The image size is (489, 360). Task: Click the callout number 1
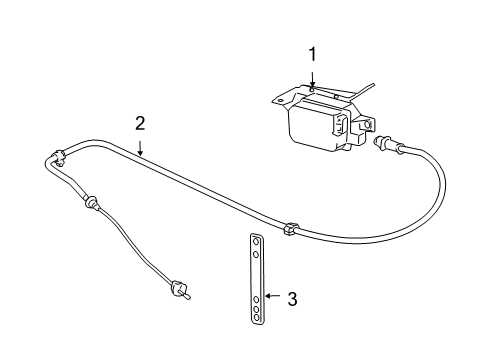point(312,55)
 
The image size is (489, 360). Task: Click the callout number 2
point(141,123)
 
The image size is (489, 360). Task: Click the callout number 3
point(292,298)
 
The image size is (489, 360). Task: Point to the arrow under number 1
point(312,84)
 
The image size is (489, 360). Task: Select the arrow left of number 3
point(273,298)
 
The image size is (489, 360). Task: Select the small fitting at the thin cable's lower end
point(184,292)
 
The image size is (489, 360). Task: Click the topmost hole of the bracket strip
point(256,268)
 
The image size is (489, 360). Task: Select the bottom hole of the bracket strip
point(256,316)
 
